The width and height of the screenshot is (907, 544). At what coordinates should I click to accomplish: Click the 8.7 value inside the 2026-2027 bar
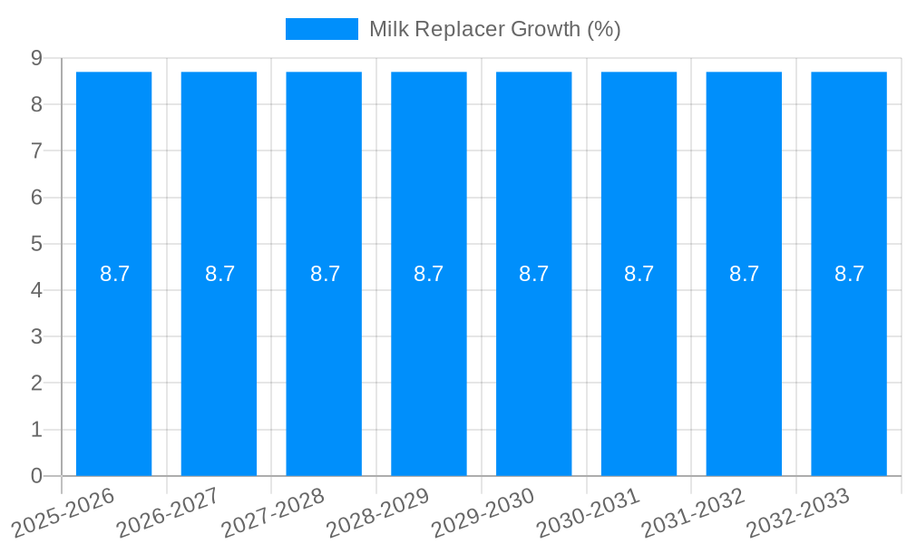(x=219, y=274)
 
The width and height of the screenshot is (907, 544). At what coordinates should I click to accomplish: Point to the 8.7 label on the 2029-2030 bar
(x=533, y=274)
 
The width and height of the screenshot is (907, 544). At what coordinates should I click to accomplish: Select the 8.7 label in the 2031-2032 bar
(x=744, y=274)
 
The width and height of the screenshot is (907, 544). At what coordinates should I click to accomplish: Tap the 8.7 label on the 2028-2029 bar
(x=429, y=274)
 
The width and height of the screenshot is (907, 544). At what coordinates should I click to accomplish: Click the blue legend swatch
(x=322, y=29)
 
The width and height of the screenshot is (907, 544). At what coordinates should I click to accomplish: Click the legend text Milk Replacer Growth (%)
(x=494, y=29)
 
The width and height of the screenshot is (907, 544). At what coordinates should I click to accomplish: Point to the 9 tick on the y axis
(x=36, y=58)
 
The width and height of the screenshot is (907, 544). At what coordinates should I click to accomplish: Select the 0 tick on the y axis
(x=36, y=476)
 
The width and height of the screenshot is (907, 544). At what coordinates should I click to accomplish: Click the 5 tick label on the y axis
(x=36, y=244)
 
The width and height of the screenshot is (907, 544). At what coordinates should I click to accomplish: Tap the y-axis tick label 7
(x=36, y=151)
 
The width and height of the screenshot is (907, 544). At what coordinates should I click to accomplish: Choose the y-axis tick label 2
(x=36, y=384)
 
